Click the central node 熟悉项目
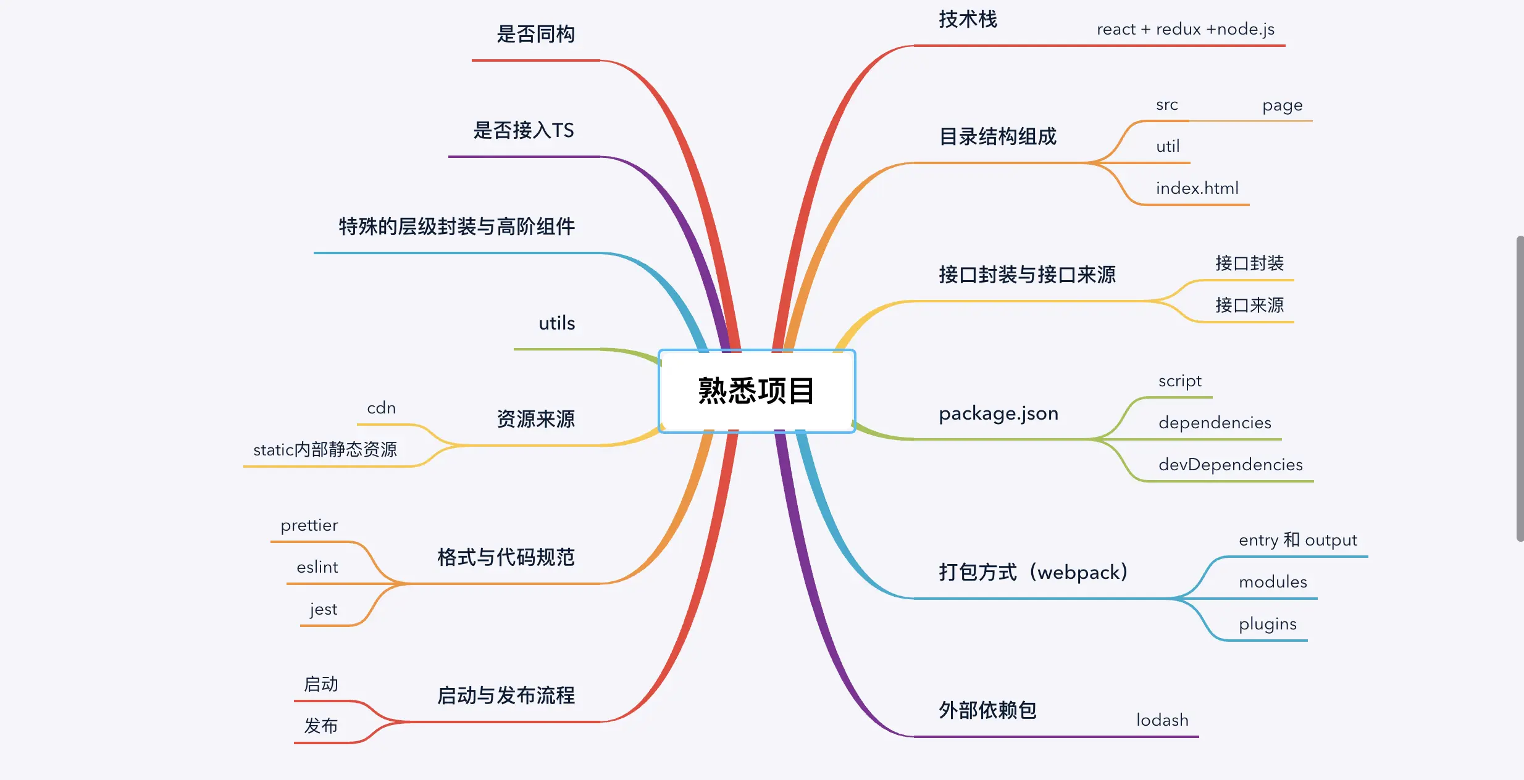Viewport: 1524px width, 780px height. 756,391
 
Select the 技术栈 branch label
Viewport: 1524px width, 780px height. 968,20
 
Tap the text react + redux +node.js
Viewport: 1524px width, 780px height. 1185,30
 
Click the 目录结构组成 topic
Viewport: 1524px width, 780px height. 997,136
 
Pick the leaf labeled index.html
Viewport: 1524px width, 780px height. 1197,188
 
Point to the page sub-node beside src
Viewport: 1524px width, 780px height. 1282,106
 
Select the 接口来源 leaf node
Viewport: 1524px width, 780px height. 1249,305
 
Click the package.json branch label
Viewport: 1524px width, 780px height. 998,413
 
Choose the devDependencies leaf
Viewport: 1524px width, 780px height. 1230,465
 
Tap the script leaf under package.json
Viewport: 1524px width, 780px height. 1179,381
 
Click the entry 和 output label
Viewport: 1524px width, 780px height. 1297,540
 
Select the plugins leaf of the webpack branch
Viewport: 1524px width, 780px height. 1267,624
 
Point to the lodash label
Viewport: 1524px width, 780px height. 1162,720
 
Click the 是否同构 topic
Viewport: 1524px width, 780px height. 535,35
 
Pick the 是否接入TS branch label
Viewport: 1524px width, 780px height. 523,131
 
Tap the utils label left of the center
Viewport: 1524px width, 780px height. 556,323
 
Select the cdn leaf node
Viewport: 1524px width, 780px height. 381,408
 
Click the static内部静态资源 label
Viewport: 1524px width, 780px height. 325,450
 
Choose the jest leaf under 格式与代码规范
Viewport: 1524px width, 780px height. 324,610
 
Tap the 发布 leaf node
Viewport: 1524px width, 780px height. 320,726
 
